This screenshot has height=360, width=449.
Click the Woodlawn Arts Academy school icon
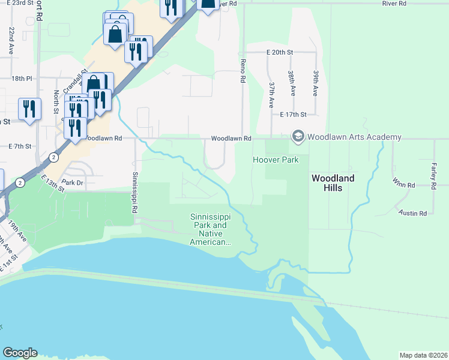tap(298, 137)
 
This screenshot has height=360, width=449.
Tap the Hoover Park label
tap(276, 160)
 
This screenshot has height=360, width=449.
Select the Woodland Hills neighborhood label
tap(333, 183)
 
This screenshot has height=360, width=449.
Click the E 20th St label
tap(279, 52)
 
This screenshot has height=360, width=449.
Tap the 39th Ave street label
tap(315, 83)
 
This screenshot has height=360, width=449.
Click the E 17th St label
tap(293, 114)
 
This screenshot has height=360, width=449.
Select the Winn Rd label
tap(403, 185)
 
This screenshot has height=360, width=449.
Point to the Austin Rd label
tap(412, 213)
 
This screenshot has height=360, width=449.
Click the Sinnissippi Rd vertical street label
tap(134, 193)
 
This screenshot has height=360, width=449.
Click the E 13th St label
tap(52, 183)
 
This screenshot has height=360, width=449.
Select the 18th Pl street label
tap(21, 79)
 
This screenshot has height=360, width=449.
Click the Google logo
tap(19, 353)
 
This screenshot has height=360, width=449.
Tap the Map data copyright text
tap(423, 355)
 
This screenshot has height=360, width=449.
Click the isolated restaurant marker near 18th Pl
tap(29, 109)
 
